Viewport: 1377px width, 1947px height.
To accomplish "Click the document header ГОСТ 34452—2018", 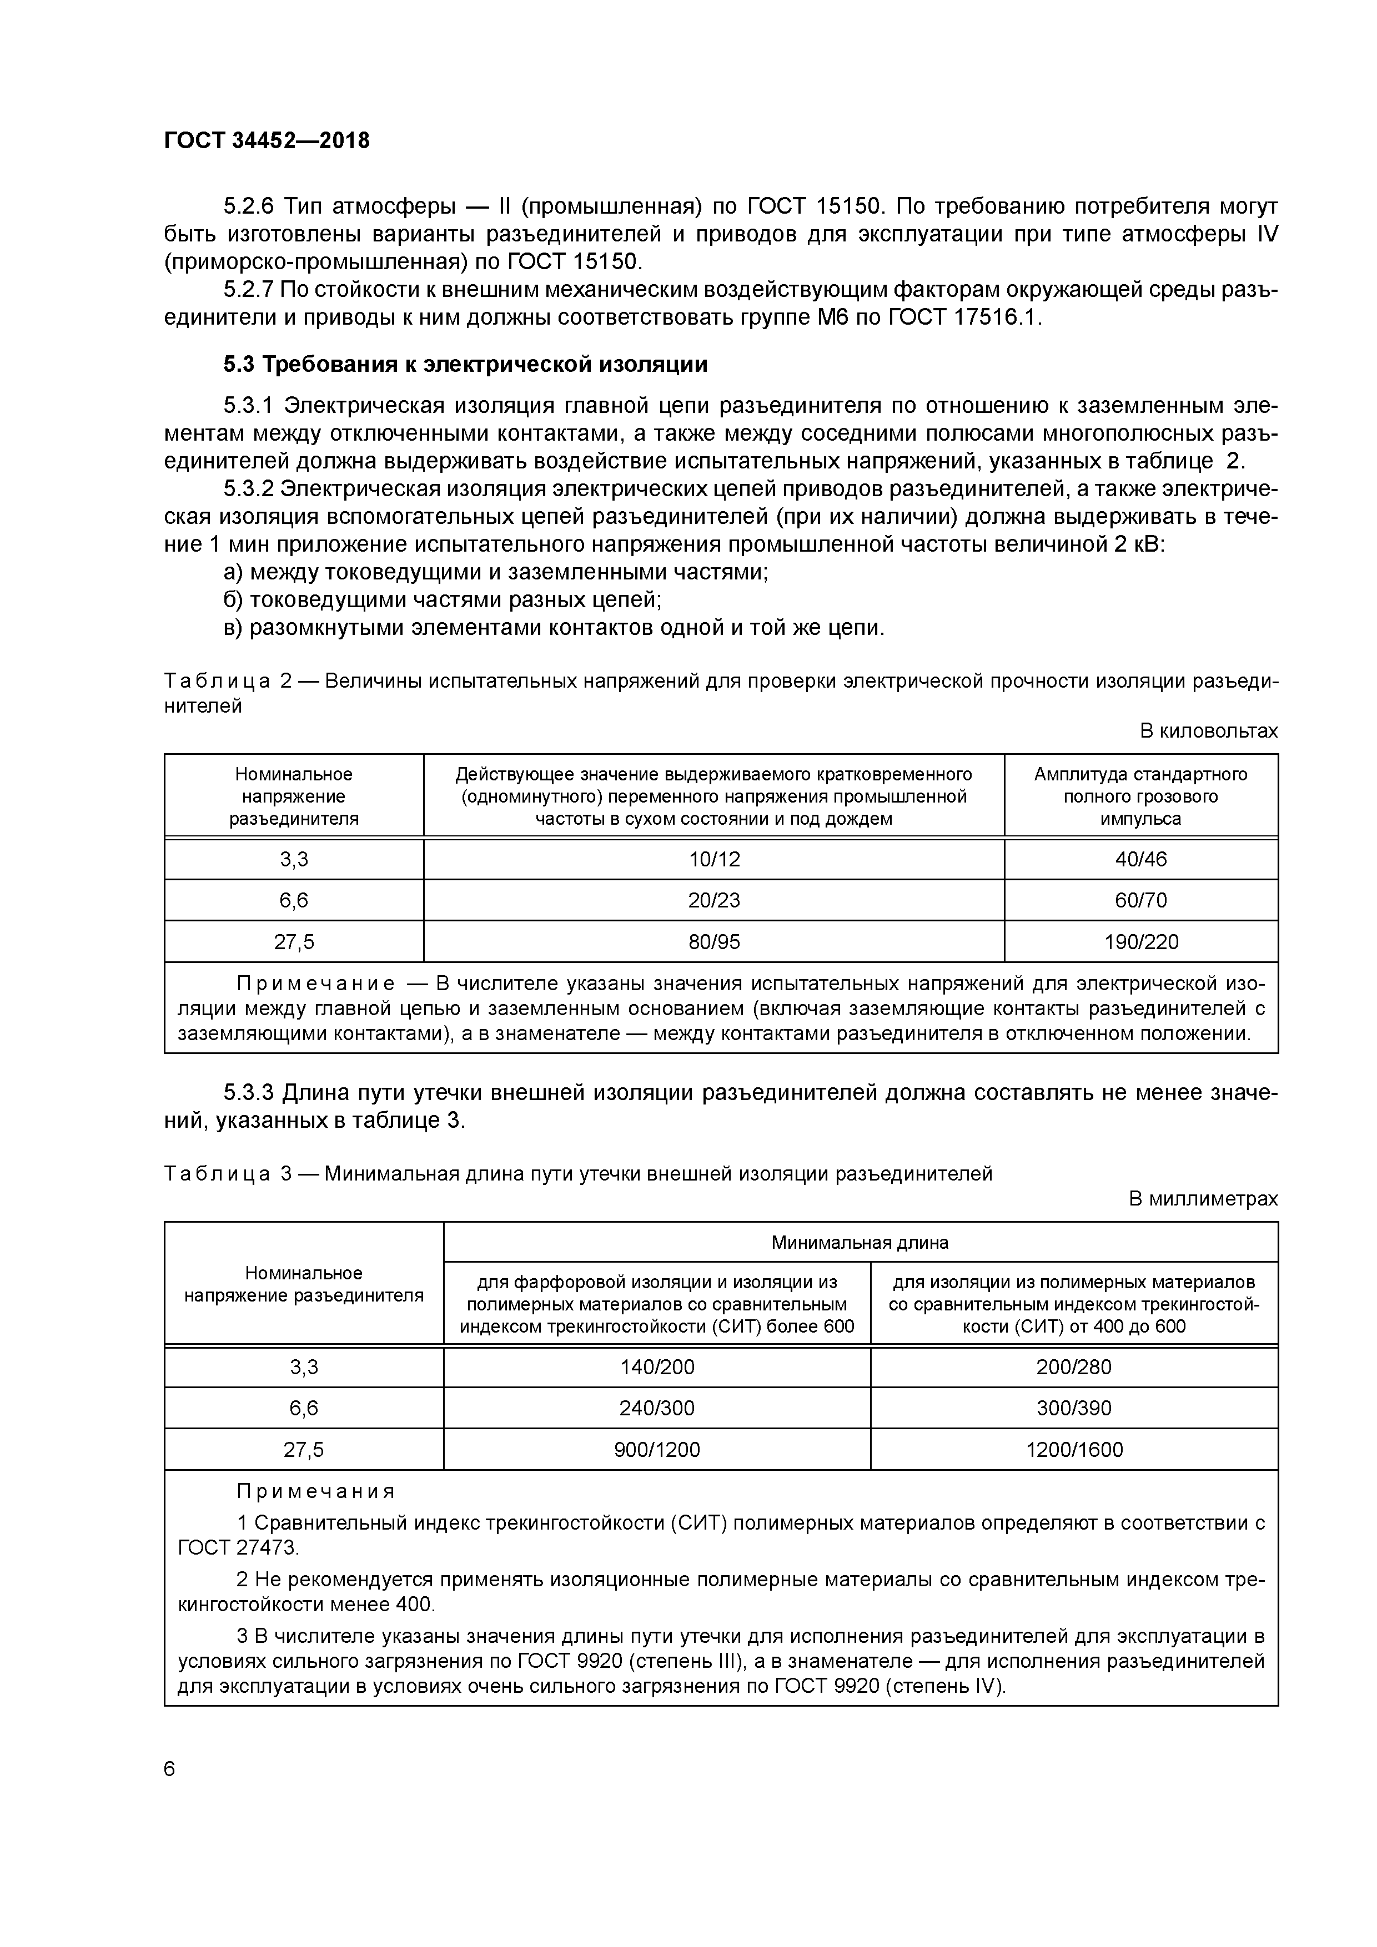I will point(267,141).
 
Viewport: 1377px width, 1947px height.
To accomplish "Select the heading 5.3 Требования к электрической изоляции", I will point(465,365).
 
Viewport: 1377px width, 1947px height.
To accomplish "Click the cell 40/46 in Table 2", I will point(1140,859).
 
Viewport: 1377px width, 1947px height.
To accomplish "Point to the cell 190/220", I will point(1140,941).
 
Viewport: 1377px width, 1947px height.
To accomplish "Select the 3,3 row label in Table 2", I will point(294,859).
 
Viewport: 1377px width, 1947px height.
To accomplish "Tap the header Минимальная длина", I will point(860,1242).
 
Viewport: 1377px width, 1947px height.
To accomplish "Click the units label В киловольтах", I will point(1208,731).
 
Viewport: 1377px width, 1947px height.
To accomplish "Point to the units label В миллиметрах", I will point(1202,1198).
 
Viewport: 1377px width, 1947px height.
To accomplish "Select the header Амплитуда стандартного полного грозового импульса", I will point(1140,796).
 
